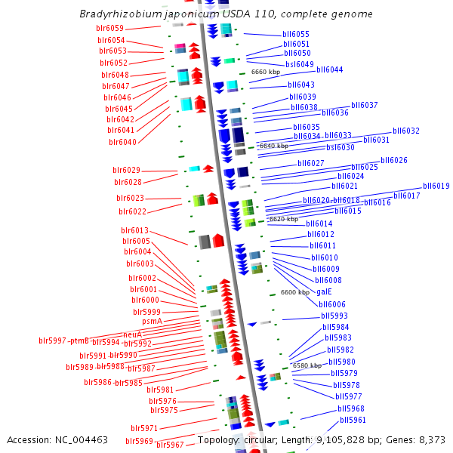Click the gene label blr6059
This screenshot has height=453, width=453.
(x=110, y=29)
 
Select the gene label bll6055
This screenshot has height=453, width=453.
(x=296, y=35)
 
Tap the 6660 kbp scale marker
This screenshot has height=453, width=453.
(x=266, y=72)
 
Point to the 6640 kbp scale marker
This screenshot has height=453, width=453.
(x=273, y=146)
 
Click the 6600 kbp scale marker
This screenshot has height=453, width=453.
(x=295, y=292)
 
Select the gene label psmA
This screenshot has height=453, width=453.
(x=153, y=322)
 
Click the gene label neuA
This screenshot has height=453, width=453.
(x=131, y=334)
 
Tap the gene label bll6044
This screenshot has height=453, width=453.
(x=330, y=69)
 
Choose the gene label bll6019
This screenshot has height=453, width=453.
(x=436, y=186)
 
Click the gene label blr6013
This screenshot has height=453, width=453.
(x=135, y=231)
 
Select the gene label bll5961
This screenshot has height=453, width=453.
(x=353, y=420)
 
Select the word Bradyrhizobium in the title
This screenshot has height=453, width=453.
(x=115, y=14)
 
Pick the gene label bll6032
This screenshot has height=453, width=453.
(x=406, y=131)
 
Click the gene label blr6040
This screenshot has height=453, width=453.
(x=122, y=142)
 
